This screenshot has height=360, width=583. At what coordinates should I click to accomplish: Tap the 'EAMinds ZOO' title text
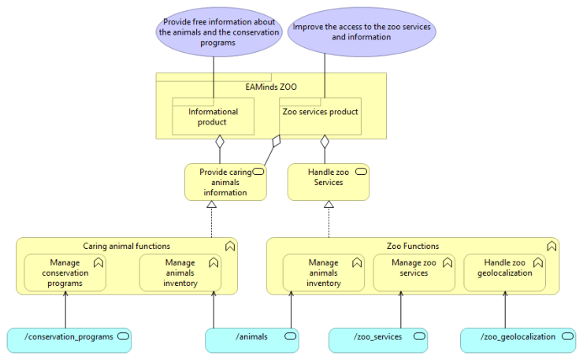click(x=271, y=86)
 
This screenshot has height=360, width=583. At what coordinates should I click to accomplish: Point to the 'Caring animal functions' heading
click(x=126, y=247)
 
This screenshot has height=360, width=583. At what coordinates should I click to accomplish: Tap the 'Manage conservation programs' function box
click(x=65, y=273)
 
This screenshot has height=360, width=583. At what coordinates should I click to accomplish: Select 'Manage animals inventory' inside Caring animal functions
click(x=180, y=273)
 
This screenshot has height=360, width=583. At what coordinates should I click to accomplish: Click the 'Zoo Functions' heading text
click(x=413, y=247)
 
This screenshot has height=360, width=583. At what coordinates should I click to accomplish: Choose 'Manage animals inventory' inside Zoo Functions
click(x=323, y=273)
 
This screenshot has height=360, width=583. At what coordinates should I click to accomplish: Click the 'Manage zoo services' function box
click(x=414, y=273)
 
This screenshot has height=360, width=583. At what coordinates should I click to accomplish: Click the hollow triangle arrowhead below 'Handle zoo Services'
click(x=329, y=205)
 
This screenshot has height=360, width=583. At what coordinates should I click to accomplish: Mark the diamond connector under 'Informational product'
click(x=221, y=143)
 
